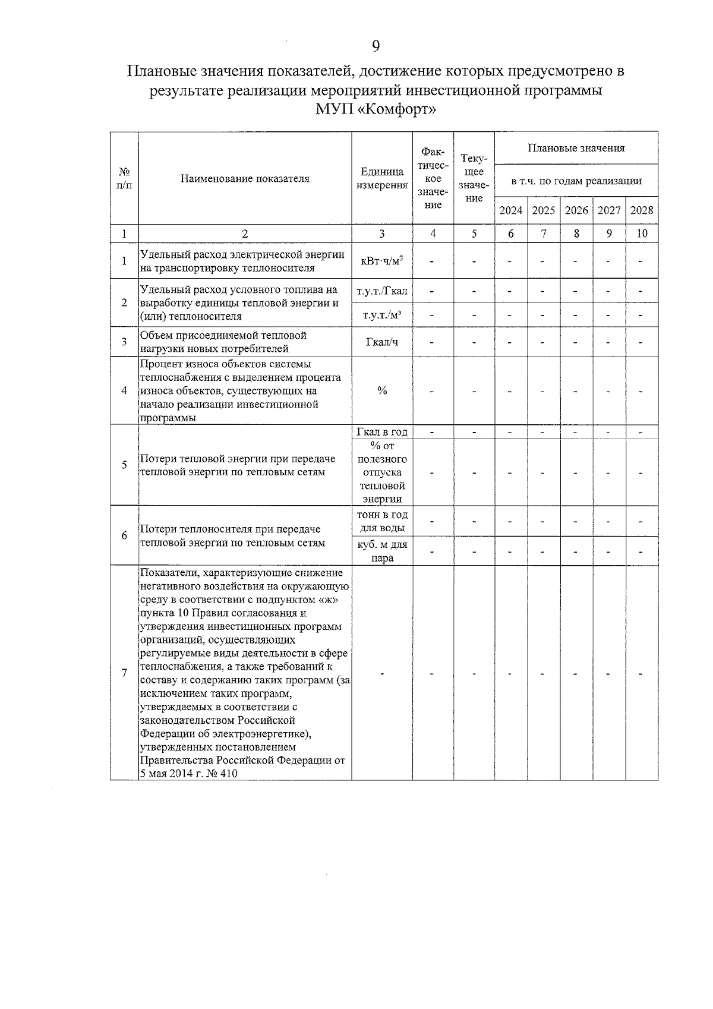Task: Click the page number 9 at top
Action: [x=376, y=46]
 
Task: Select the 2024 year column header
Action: [x=510, y=210]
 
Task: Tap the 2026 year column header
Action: [x=576, y=210]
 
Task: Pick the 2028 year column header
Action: [x=642, y=210]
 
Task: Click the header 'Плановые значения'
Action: [x=576, y=148]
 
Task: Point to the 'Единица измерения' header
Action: [x=382, y=178]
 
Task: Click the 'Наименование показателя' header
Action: [x=245, y=178]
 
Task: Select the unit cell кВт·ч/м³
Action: [x=382, y=261]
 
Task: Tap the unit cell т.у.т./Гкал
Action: [x=382, y=291]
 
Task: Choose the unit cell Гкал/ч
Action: [x=382, y=342]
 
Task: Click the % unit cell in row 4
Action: [x=382, y=390]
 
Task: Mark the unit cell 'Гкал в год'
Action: [x=382, y=432]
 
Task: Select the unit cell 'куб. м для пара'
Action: [x=382, y=551]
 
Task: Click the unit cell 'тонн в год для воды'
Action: [x=382, y=521]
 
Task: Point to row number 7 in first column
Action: [x=124, y=673]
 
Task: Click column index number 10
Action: [x=642, y=234]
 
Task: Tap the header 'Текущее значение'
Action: [x=474, y=178]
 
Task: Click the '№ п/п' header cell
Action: [x=124, y=178]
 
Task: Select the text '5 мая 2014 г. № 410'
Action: [x=188, y=773]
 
